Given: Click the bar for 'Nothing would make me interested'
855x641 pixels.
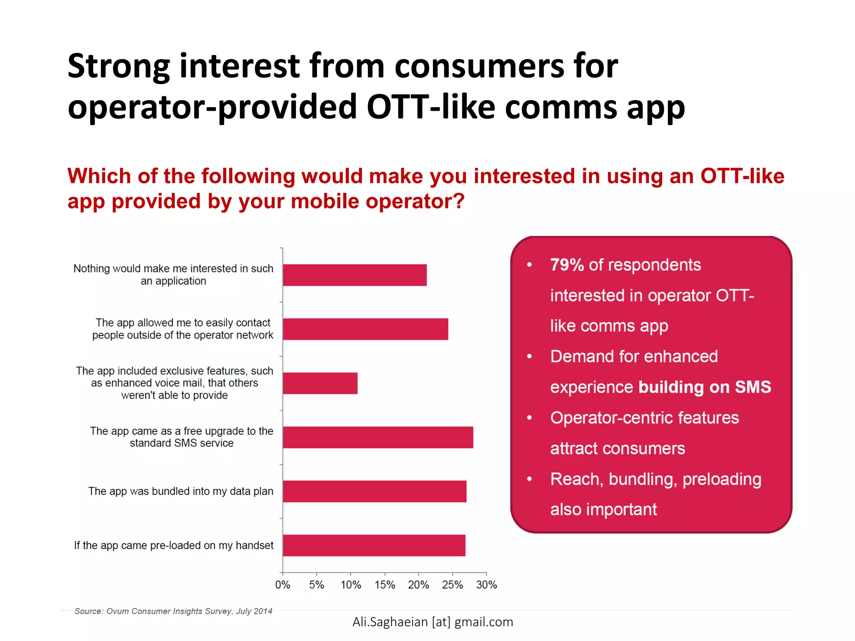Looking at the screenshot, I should coord(354,275).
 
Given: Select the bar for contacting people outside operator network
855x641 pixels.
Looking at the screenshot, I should coord(365,329).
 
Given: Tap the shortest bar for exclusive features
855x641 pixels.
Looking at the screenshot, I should coord(320,383).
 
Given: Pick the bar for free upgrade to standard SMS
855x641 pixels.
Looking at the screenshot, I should coord(378,437).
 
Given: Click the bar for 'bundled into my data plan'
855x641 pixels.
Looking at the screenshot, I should coord(374,491).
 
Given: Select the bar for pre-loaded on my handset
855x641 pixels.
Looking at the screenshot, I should coord(374,545).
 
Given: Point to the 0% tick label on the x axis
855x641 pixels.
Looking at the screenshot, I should coord(283,585).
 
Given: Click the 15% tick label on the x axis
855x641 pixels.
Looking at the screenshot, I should coord(384,585).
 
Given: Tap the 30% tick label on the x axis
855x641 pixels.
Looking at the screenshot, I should coord(486,585).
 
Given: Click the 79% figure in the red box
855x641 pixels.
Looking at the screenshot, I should coord(567,265).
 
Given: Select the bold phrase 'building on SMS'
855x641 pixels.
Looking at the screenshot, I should coord(705,387).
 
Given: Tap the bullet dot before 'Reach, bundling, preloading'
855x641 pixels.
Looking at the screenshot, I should coord(529,479).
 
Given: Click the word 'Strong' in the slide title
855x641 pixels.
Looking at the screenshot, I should coord(119,67).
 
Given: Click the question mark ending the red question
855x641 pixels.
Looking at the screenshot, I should coord(459,202).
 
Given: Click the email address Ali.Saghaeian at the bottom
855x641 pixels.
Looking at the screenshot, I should coord(433,622).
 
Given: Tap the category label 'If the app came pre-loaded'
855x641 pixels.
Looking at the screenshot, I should coord(174,545).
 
